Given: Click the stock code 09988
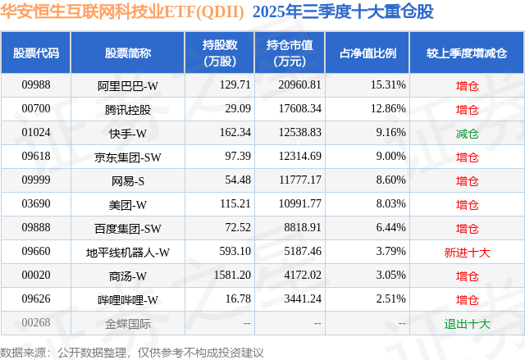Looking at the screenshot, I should [x=36, y=85].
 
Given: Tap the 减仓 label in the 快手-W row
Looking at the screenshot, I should [x=467, y=133].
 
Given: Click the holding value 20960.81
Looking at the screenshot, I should [x=293, y=85].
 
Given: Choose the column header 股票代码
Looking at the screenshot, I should [x=36, y=52].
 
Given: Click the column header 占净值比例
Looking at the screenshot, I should [x=367, y=52].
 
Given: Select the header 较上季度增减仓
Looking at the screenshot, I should [x=467, y=52].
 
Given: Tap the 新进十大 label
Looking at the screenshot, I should [x=467, y=253].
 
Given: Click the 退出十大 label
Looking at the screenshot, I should [x=467, y=323].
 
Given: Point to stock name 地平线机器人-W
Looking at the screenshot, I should [x=128, y=253].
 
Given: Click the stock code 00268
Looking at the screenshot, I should [x=36, y=323].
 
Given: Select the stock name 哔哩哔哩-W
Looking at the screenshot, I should [x=128, y=300].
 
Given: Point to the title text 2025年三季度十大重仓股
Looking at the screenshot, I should [x=343, y=12].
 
